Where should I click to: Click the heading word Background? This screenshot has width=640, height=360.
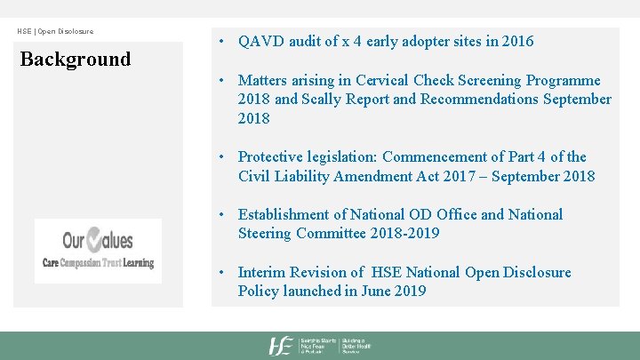[76, 60]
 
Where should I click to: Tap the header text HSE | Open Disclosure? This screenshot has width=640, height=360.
[55, 32]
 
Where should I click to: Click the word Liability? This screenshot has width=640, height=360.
[316, 176]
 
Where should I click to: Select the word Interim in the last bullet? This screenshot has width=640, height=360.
[268, 272]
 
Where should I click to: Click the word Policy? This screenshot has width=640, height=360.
[260, 292]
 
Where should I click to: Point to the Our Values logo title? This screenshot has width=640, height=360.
[98, 240]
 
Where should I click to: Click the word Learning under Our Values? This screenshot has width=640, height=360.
[138, 263]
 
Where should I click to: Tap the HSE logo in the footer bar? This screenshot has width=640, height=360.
[282, 346]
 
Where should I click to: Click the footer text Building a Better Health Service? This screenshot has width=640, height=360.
[357, 346]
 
